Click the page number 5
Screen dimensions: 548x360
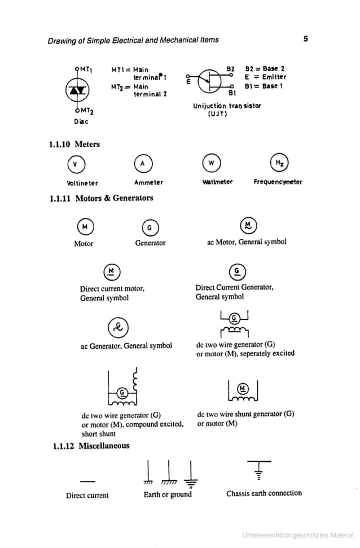[305, 40]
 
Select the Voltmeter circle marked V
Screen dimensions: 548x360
[74, 164]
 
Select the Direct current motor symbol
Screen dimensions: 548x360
[112, 271]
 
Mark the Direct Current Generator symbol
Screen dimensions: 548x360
[238, 271]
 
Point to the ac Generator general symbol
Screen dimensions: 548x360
[119, 326]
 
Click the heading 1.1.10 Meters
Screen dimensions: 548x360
[74, 144]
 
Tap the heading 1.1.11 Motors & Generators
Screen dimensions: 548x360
[101, 198]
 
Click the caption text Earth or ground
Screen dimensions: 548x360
[168, 495]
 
